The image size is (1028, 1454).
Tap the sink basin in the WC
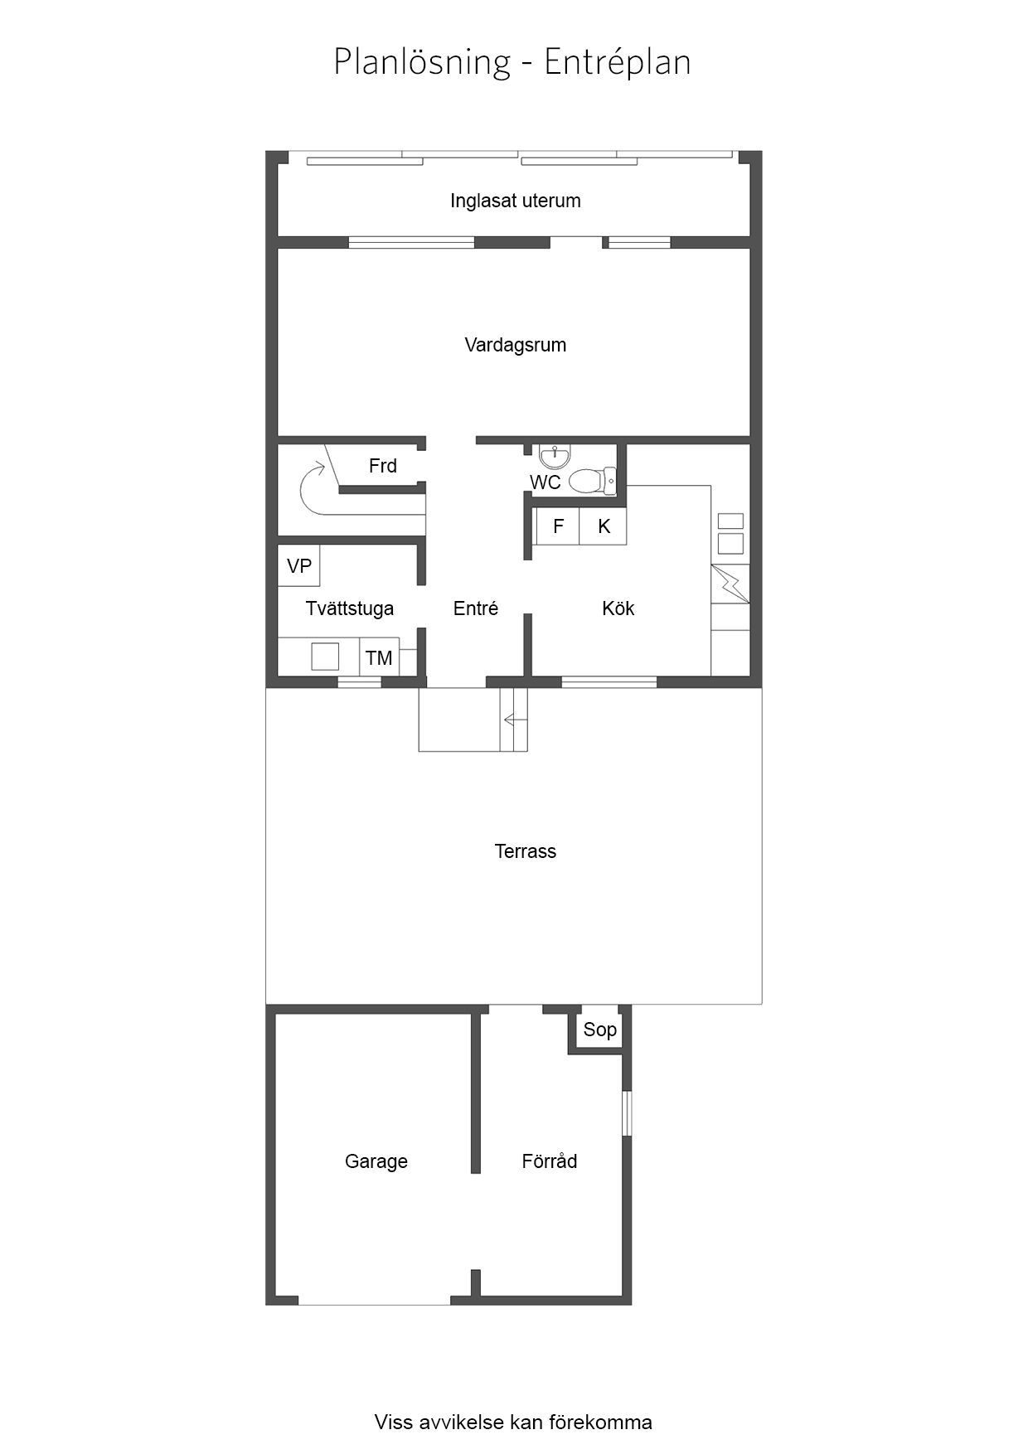coord(555,455)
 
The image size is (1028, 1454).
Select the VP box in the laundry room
coord(298,565)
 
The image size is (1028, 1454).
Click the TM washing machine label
coord(379,658)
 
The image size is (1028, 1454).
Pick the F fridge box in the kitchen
coord(558,526)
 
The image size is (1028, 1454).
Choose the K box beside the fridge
coord(604,526)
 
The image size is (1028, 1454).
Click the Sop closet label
coord(599,1030)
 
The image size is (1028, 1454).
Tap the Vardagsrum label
coord(515,345)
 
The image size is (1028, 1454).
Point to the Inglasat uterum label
coord(515,201)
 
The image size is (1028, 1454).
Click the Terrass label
coord(525,851)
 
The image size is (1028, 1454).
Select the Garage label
coord(376,1161)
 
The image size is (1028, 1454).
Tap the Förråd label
coord(549,1161)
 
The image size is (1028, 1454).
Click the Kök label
coord(618,608)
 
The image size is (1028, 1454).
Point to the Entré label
coord(475,608)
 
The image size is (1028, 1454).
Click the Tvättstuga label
coord(349,608)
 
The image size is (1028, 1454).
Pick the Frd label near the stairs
coord(382,466)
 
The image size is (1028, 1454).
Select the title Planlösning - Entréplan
coord(512,62)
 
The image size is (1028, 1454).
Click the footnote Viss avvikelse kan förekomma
coord(513,1422)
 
